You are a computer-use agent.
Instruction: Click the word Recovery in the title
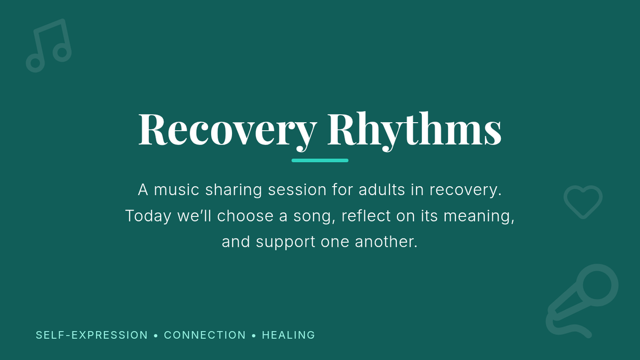[227, 131]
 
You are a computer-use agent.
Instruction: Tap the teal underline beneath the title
[320, 161]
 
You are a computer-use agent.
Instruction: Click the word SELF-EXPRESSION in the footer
[92, 335]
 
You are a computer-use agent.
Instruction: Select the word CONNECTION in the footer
[205, 335]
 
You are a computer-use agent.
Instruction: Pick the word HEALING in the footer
[289, 335]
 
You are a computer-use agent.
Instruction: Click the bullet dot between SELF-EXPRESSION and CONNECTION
[156, 335]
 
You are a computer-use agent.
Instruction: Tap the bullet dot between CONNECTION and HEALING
[254, 335]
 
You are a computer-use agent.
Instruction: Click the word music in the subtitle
[177, 190]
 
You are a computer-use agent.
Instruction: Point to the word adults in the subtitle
[382, 189]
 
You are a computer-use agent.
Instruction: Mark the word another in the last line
[386, 242]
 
